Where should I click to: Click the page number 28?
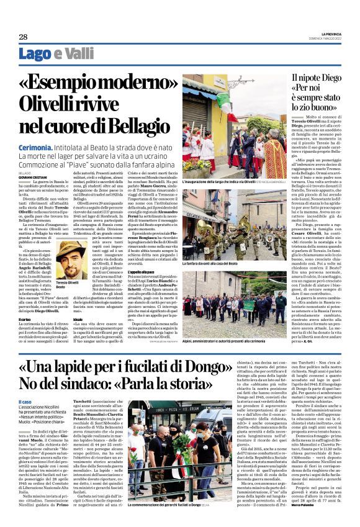(x=23, y=37)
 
